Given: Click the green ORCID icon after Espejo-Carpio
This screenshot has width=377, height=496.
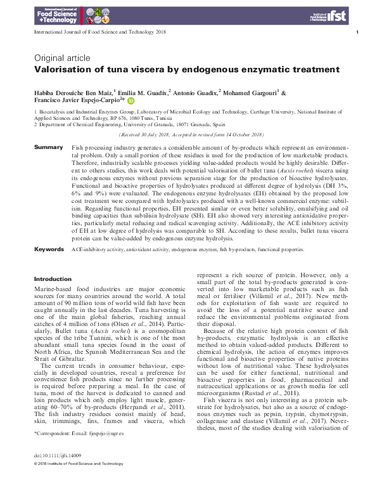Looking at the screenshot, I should (131, 100).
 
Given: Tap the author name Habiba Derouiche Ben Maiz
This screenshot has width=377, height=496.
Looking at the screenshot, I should (75, 93).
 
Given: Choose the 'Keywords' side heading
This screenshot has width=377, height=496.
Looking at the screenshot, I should (49, 250).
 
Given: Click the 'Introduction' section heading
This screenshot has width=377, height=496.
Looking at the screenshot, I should (53, 278).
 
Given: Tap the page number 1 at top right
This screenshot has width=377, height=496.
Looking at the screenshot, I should (358, 32).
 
